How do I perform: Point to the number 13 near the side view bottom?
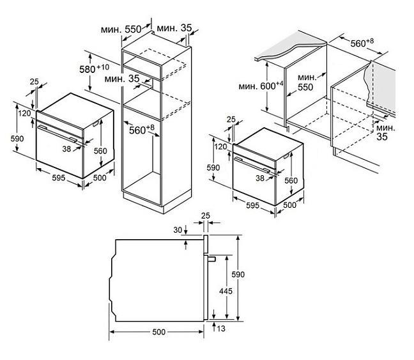[x=221, y=329]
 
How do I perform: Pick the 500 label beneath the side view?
[x=158, y=333]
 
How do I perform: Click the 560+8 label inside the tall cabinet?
[x=142, y=130]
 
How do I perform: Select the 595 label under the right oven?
[x=251, y=206]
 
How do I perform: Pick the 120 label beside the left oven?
[x=25, y=113]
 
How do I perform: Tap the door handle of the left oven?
[x=57, y=133]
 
